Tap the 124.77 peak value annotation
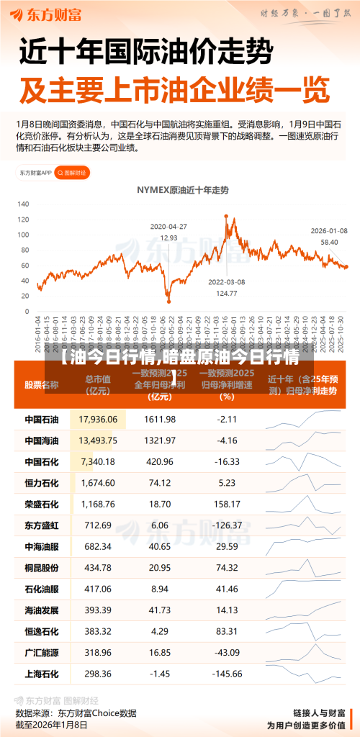pos(227,292)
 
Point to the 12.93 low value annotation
pos(168,238)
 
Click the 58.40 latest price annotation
pos(329,242)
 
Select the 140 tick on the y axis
pos(24,202)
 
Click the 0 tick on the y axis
pos(27,311)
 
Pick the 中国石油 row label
pos(42,419)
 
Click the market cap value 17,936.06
pos(98,419)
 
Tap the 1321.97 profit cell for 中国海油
pos(160,440)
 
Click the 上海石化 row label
pos(42,674)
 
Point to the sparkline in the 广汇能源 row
pos(303,653)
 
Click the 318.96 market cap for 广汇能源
pos(98,653)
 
